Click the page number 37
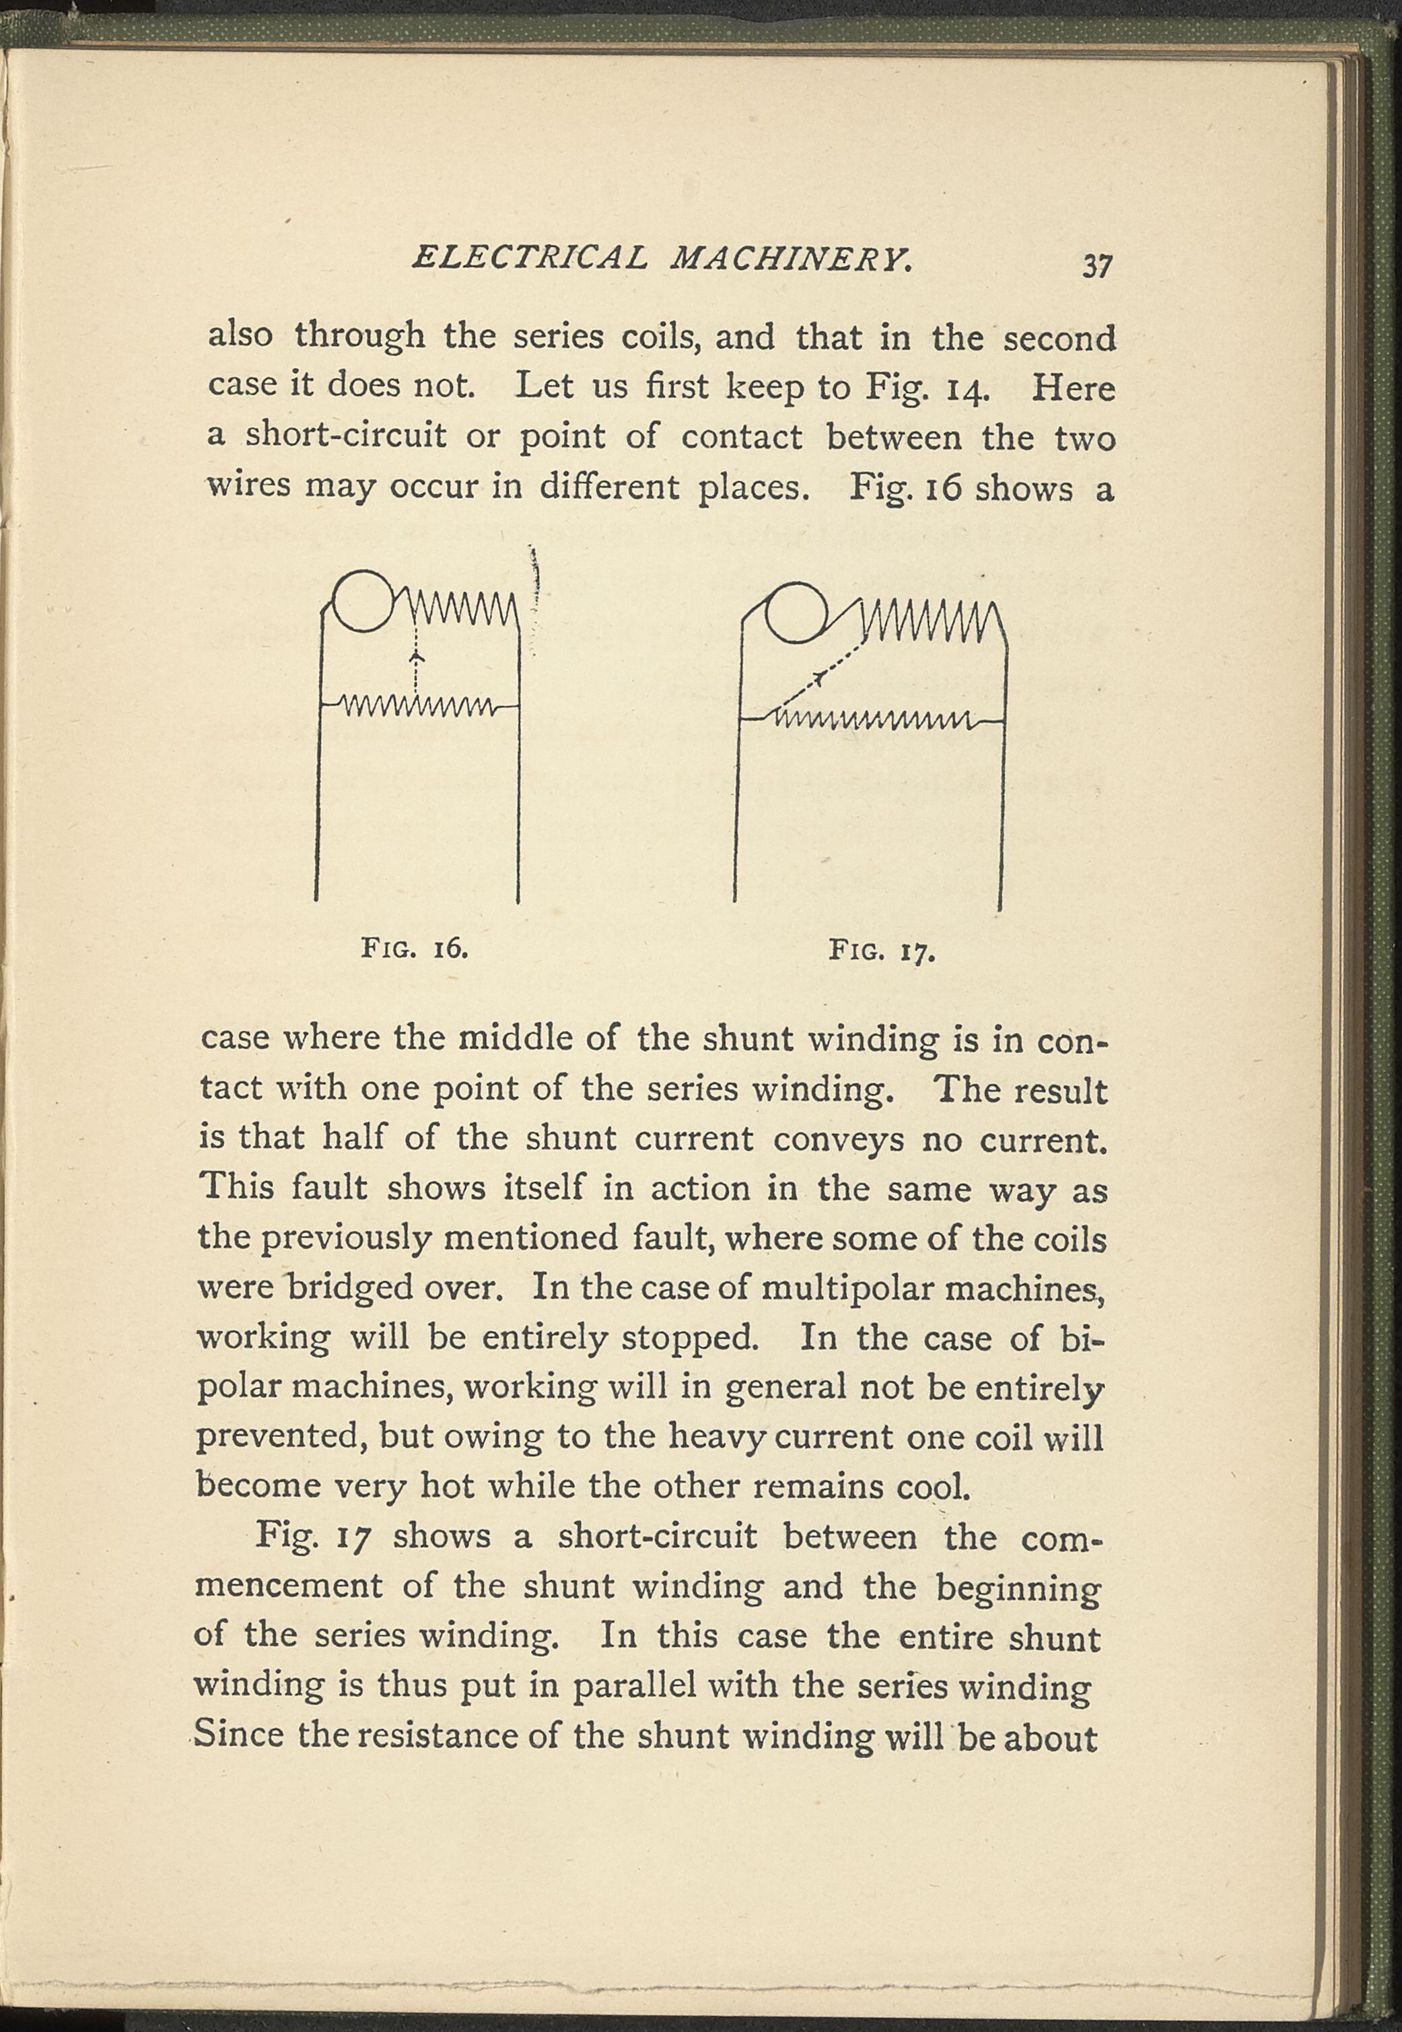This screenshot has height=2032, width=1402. pyautogui.click(x=1098, y=265)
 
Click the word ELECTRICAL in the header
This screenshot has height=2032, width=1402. pyautogui.click(x=530, y=257)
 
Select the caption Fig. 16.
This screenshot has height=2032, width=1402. pyautogui.click(x=414, y=949)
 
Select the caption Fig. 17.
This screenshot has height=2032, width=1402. pyautogui.click(x=881, y=951)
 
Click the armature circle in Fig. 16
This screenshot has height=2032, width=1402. pyautogui.click(x=360, y=601)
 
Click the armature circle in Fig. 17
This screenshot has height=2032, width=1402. pyautogui.click(x=795, y=611)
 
